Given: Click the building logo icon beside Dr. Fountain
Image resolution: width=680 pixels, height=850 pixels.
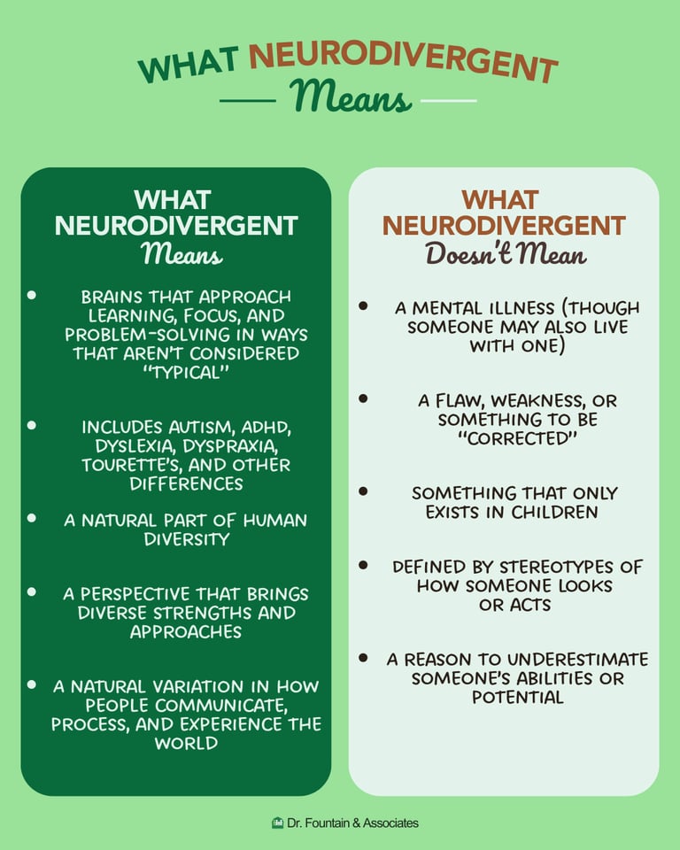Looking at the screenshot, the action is (277, 823).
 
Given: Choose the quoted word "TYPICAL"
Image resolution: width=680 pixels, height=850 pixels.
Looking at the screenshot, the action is (186, 373).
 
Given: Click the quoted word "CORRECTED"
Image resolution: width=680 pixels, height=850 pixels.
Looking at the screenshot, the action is (517, 438).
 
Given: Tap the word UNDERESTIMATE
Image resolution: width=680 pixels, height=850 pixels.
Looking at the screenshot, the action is (570, 660).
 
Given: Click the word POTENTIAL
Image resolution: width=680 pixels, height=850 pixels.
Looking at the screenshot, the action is (517, 698).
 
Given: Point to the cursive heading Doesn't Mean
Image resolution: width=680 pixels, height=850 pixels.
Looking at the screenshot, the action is (506, 255).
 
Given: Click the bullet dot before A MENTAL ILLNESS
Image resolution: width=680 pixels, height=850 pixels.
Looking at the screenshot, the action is (363, 305).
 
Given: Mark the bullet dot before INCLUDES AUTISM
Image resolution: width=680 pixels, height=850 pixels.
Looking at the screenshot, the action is (32, 426).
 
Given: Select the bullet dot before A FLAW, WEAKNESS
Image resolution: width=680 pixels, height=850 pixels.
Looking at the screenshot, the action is (363, 399).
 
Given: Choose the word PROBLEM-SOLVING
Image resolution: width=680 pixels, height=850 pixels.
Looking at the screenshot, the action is (136, 335).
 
